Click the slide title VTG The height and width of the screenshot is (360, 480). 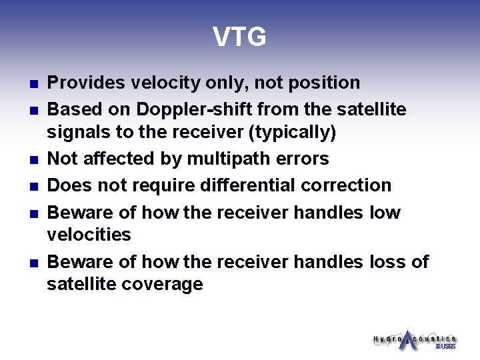tap(239, 37)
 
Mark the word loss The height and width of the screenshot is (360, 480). tap(387, 262)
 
